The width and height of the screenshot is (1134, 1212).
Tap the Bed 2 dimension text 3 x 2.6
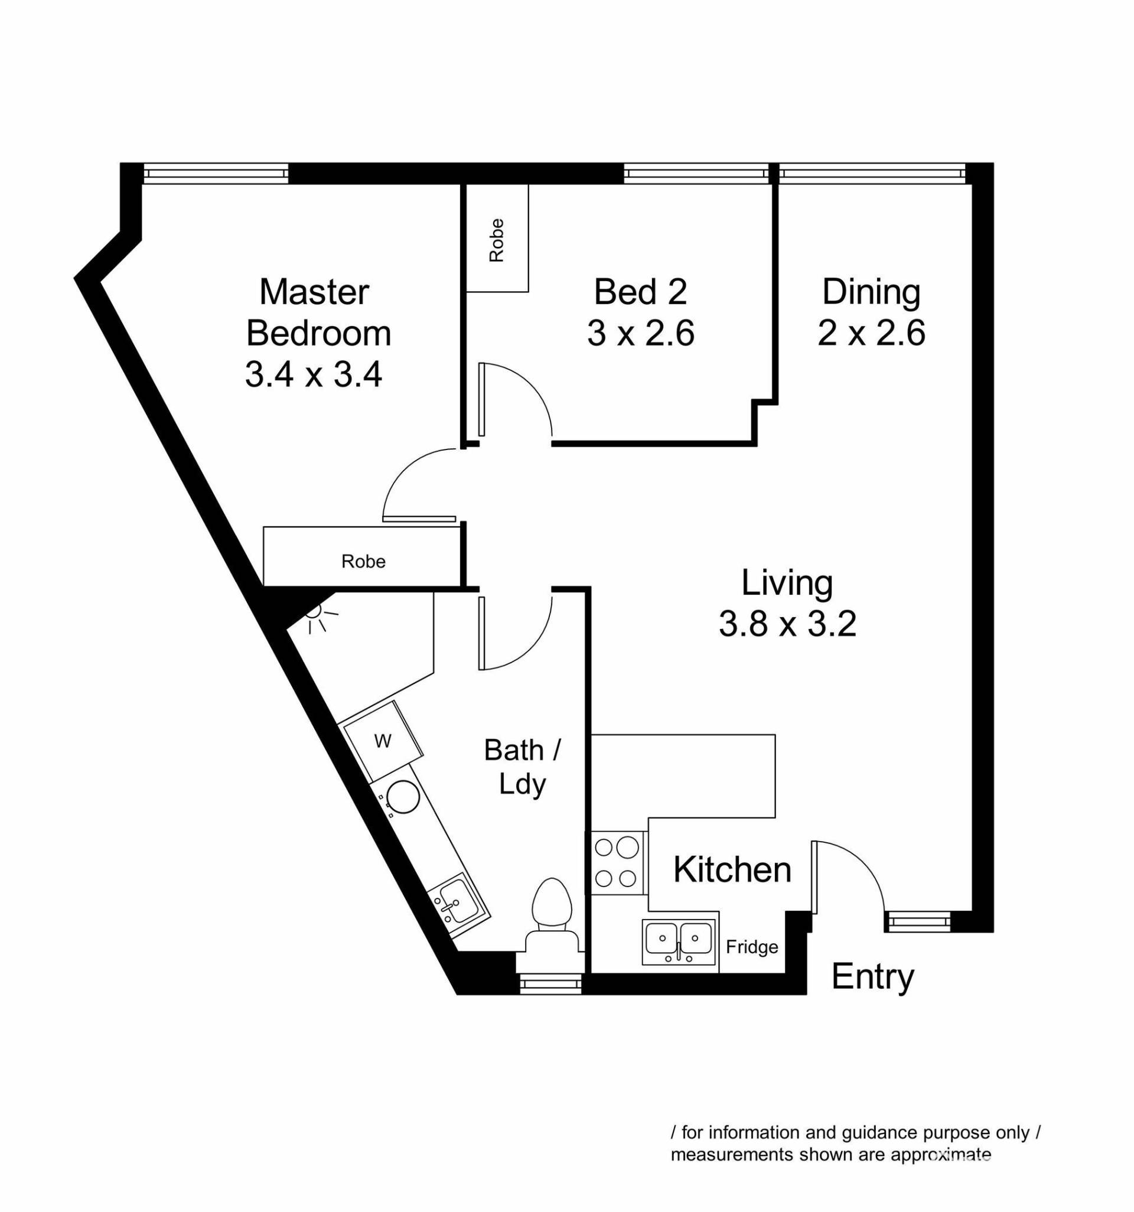click(x=641, y=334)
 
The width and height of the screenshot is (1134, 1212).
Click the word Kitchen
click(x=732, y=869)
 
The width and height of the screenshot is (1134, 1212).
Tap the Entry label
click(x=872, y=978)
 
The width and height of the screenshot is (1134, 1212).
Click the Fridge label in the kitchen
click(x=752, y=947)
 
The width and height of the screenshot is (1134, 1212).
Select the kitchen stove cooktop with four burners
click(x=617, y=863)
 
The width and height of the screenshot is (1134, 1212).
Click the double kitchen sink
click(x=679, y=942)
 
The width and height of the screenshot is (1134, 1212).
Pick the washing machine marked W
click(x=382, y=741)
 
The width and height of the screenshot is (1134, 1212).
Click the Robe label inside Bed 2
click(x=497, y=240)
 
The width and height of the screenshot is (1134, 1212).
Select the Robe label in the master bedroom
click(x=363, y=561)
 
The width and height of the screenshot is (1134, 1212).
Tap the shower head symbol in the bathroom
click(x=317, y=617)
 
